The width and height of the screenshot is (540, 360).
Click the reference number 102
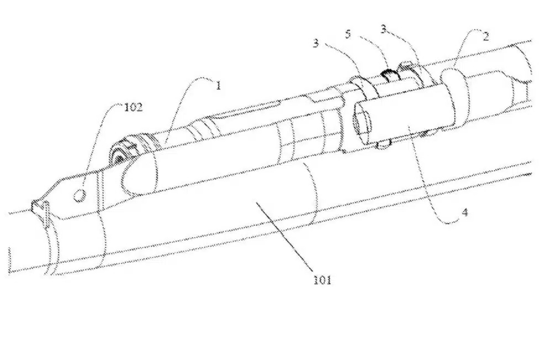pyautogui.click(x=133, y=107)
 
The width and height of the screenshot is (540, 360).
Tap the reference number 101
pyautogui.click(x=322, y=280)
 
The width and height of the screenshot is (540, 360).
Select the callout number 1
pyautogui.click(x=218, y=85)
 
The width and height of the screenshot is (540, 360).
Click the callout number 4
pyautogui.click(x=464, y=213)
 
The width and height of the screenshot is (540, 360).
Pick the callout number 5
pyautogui.click(x=348, y=34)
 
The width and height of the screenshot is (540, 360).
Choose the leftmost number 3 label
pyautogui.click(x=316, y=43)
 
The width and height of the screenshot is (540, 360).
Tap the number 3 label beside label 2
pyautogui.click(x=384, y=29)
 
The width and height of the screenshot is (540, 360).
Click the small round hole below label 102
pyautogui.click(x=80, y=195)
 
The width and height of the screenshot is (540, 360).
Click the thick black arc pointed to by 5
pyautogui.click(x=389, y=73)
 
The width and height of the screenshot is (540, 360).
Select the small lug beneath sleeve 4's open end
pyautogui.click(x=383, y=145)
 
